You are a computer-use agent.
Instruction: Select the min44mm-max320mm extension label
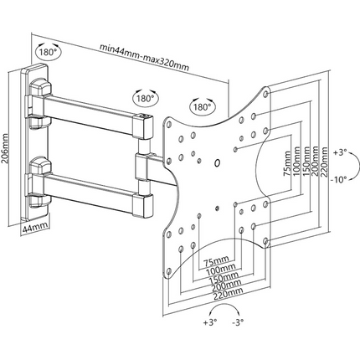pyautogui.click(x=145, y=58)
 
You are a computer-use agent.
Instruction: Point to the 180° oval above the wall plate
pyautogui.click(x=49, y=52)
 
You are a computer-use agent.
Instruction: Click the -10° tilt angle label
pyautogui.click(x=338, y=180)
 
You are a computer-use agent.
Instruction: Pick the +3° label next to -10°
pyautogui.click(x=339, y=153)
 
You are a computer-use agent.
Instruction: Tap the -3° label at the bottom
pyautogui.click(x=238, y=322)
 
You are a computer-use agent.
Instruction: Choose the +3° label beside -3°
pyautogui.click(x=210, y=322)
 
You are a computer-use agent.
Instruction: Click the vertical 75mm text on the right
pyautogui.click(x=287, y=163)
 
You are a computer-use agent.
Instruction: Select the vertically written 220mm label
pyautogui.click(x=325, y=162)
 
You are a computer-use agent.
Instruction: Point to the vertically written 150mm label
pyautogui.click(x=306, y=162)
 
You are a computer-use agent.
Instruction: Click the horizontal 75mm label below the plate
pyautogui.click(x=217, y=261)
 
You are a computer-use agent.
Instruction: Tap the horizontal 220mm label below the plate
pyautogui.click(x=228, y=294)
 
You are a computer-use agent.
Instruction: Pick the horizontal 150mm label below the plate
pyautogui.click(x=224, y=278)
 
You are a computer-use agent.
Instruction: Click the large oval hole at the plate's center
pyautogui.click(x=217, y=162)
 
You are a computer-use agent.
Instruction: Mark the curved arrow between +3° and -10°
pyautogui.click(x=356, y=166)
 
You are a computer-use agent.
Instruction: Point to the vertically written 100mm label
pyautogui.click(x=296, y=162)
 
